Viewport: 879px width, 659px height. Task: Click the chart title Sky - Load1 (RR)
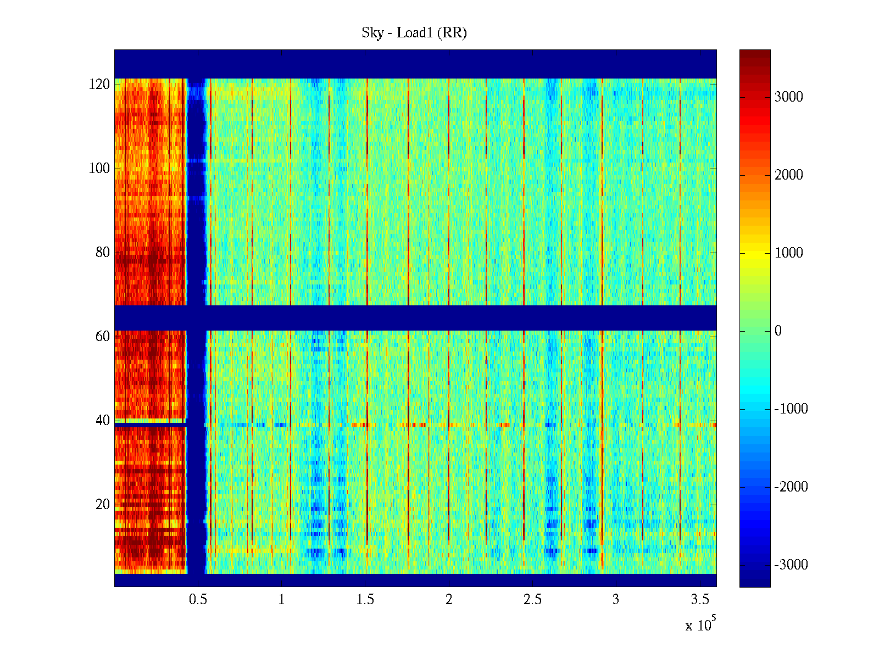point(414,33)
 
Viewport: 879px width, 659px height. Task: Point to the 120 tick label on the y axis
point(99,85)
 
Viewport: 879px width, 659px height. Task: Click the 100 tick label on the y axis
point(99,169)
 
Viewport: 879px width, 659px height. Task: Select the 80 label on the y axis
point(103,253)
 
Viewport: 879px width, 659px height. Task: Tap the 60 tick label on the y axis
point(103,337)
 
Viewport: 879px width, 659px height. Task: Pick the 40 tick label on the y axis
point(103,421)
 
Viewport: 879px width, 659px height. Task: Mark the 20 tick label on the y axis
point(103,505)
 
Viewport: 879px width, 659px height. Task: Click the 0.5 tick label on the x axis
point(198,600)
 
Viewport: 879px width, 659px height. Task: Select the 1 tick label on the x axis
point(281,600)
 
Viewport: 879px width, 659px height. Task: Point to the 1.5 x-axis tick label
point(365,600)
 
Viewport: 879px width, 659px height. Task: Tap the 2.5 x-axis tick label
point(532,600)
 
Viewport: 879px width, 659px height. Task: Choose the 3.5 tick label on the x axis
point(699,600)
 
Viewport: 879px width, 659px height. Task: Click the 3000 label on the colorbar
point(788,97)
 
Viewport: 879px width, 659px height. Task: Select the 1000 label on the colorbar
point(788,253)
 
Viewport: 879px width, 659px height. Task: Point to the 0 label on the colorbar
point(778,331)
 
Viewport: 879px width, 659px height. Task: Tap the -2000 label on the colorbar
point(791,487)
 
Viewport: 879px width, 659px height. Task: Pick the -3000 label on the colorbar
point(791,565)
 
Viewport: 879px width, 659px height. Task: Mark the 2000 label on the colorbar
point(788,175)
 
